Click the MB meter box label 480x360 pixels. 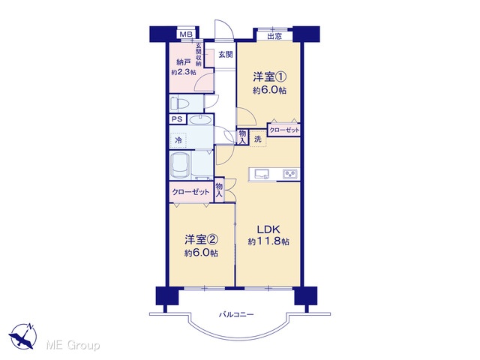186,34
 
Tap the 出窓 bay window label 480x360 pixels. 274,37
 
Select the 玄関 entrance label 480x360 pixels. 226,55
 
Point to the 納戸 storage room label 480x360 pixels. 184,62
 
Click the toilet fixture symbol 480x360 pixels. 180,103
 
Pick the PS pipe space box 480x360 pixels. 177,119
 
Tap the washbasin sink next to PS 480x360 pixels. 200,119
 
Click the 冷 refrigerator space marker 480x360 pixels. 178,140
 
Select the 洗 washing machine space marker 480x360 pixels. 258,139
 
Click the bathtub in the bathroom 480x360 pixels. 180,166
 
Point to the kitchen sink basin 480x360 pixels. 261,174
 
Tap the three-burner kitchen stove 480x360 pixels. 290,174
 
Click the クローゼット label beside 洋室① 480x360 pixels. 284,130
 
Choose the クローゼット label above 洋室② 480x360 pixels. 190,192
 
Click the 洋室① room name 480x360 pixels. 269,76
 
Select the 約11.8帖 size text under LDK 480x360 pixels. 268,241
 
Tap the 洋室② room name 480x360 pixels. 201,240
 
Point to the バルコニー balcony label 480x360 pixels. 236,314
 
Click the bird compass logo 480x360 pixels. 22,336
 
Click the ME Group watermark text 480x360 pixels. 73,346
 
